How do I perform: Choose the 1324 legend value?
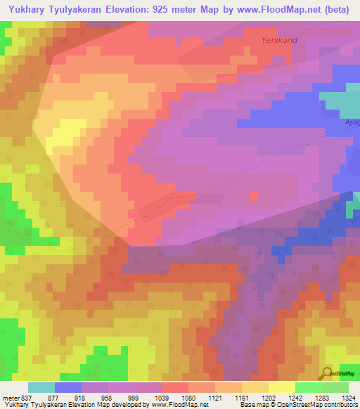coord(349,398)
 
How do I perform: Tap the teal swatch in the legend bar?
coord(41,387)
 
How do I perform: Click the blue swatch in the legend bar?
coord(68,387)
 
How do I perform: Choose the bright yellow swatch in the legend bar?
coord(282,387)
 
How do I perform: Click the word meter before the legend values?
coord(11,398)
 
